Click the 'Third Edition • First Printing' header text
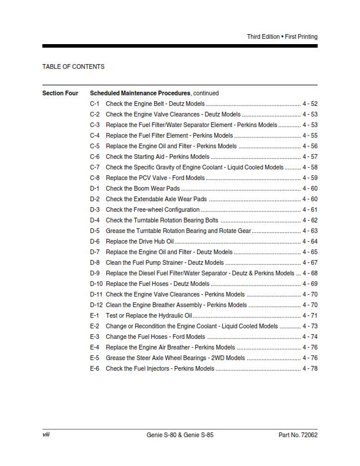[282, 36]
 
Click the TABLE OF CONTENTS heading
[74, 66]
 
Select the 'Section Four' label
[60, 93]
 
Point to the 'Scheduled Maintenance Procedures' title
[140, 93]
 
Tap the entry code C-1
[95, 104]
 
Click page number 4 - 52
[310, 104]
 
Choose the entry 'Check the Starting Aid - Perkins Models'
[157, 157]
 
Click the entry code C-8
[95, 178]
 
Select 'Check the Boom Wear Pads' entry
[142, 188]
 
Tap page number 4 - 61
[310, 209]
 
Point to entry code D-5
[95, 231]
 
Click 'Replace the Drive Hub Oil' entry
[139, 241]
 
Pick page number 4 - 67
[310, 262]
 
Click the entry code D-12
[96, 305]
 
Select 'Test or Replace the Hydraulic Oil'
[149, 315]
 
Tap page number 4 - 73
[310, 326]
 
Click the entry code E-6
[95, 368]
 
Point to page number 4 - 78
[310, 368]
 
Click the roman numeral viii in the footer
[46, 435]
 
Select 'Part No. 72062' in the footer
[298, 435]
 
